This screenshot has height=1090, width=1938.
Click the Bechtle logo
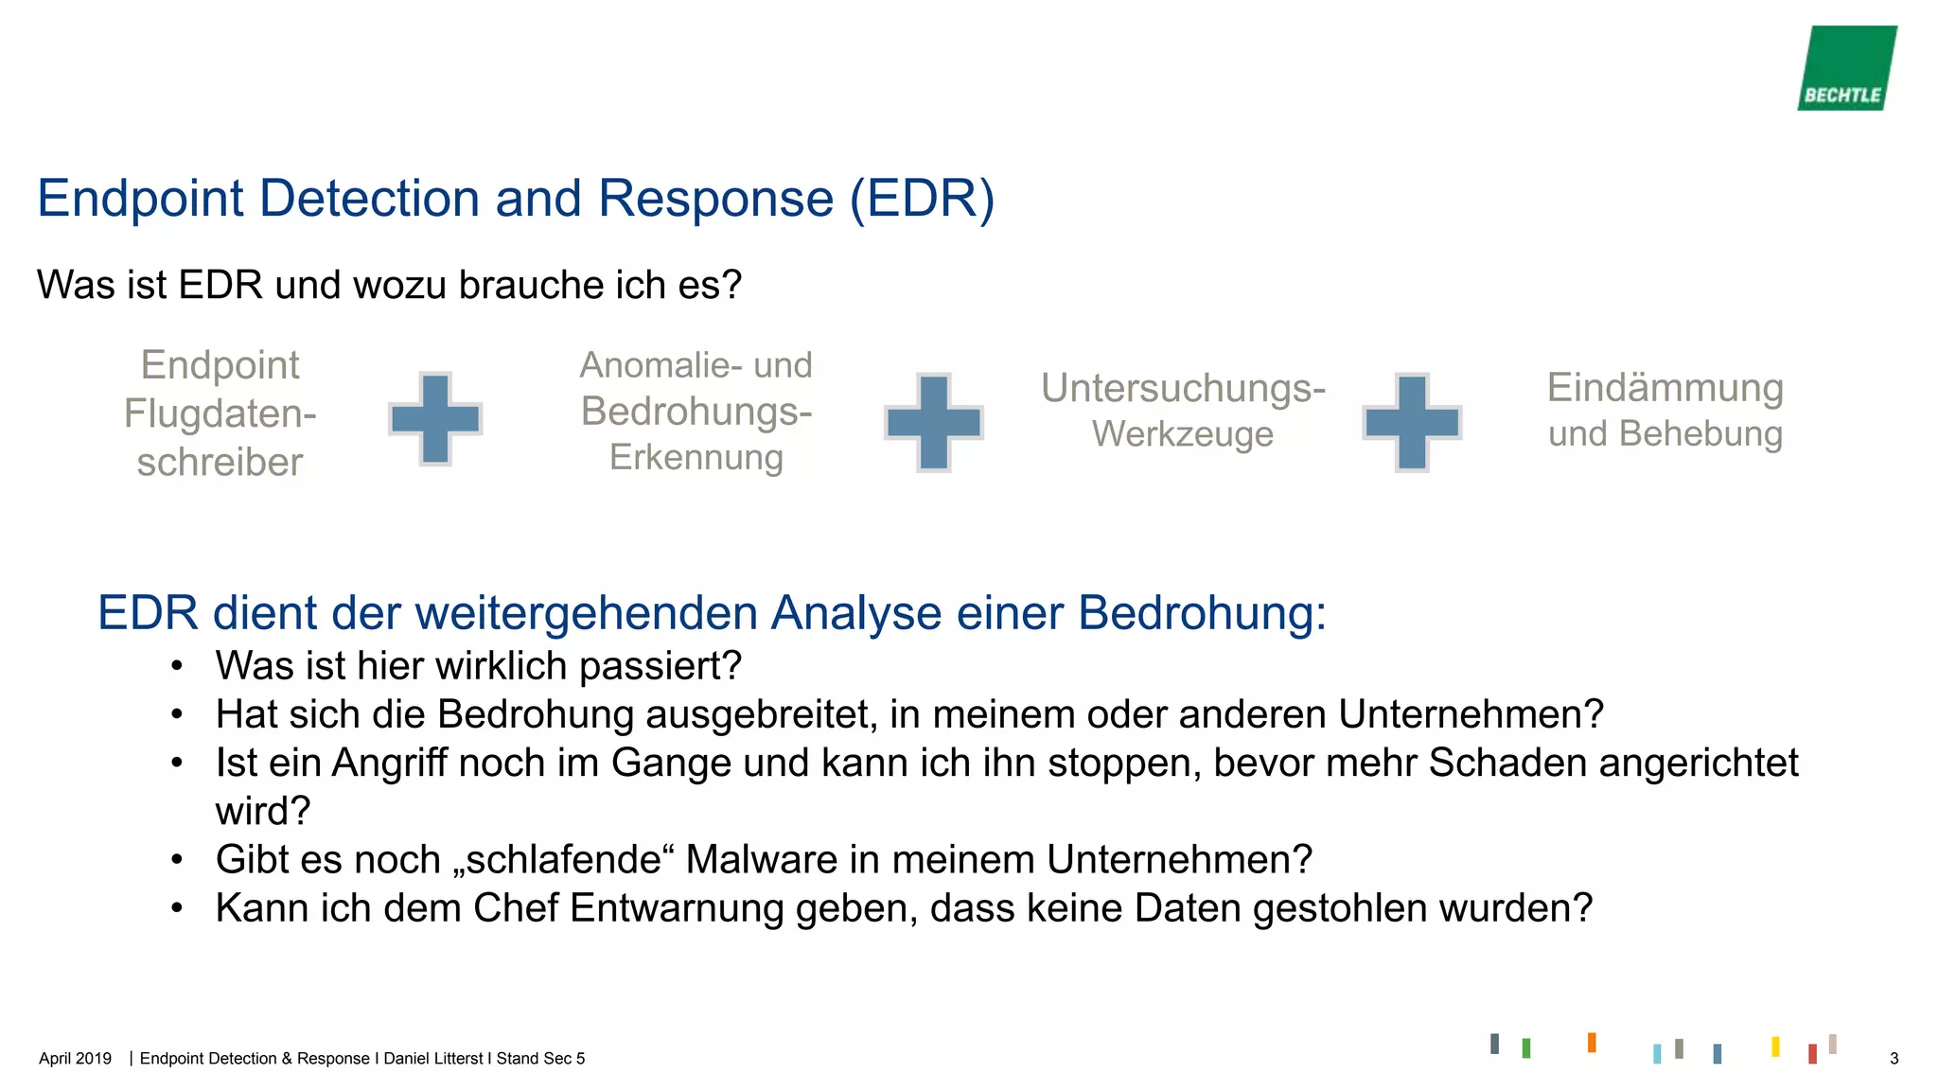1846,68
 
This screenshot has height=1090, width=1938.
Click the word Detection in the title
369,199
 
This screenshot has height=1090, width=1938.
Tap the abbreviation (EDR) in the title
922,199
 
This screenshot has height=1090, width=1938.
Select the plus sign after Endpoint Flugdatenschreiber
435,418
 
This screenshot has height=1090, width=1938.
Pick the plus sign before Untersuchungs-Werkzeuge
933,421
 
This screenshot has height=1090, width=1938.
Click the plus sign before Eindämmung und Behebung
1412,421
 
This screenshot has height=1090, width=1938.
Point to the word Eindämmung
1665,388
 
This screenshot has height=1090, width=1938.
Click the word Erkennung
696,457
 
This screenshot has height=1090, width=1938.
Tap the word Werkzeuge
1182,434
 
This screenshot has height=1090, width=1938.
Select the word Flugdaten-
220,413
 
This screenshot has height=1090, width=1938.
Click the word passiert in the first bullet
660,666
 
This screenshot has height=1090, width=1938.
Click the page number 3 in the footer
1894,1059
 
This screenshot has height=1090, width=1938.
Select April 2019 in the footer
75,1059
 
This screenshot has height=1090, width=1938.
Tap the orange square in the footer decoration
1592,1042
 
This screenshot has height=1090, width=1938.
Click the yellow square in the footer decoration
1775,1046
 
